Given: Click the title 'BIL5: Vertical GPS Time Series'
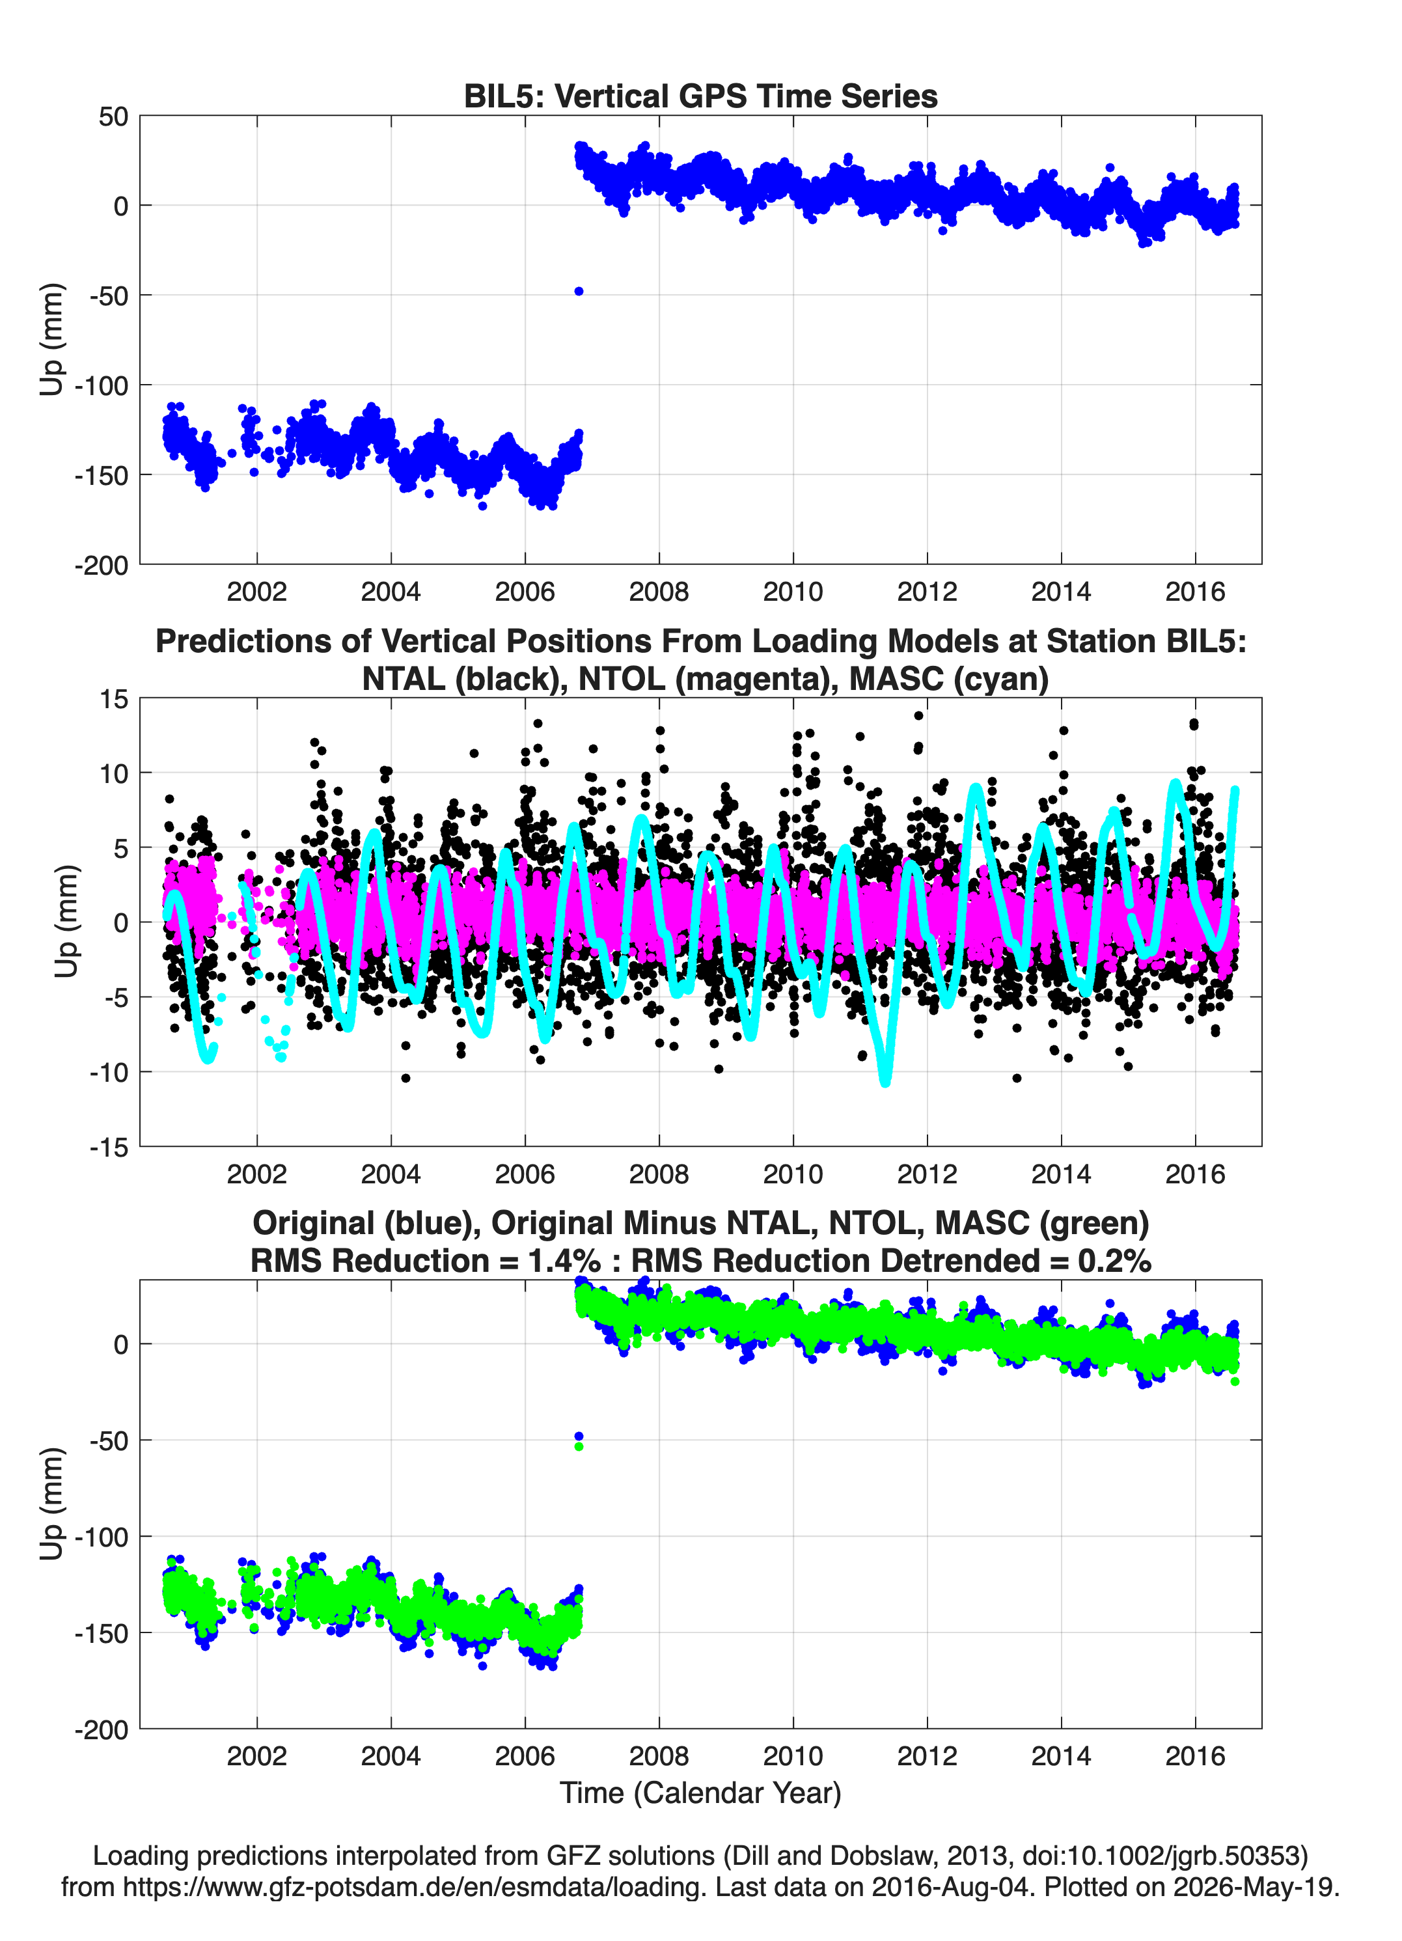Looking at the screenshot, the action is (x=700, y=96).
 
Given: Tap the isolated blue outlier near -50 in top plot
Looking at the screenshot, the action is (x=579, y=291).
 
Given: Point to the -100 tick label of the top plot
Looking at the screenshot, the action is (x=101, y=385).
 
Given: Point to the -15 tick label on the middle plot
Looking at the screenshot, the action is (x=109, y=1147).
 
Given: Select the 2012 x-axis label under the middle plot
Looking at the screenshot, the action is (x=927, y=1174).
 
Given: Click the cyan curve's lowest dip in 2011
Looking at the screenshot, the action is (x=885, y=1082).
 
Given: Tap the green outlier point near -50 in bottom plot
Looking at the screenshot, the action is (x=579, y=1446).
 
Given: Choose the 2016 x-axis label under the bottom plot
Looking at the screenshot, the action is (x=1195, y=1756).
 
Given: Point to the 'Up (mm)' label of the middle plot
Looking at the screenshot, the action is (x=66, y=921).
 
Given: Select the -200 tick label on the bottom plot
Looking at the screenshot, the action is (x=101, y=1729).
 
